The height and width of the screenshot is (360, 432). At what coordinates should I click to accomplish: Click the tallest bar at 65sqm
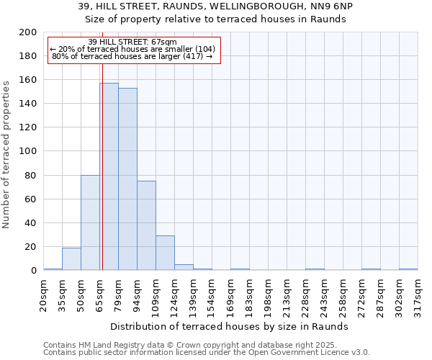pyautogui.click(x=109, y=176)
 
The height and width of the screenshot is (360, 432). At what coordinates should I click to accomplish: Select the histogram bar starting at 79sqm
pyautogui.click(x=127, y=179)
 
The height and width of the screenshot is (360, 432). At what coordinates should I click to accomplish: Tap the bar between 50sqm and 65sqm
pyautogui.click(x=90, y=222)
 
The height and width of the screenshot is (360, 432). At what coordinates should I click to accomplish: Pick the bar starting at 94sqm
pyautogui.click(x=146, y=225)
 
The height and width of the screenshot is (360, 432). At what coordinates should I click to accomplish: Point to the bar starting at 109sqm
pyautogui.click(x=165, y=253)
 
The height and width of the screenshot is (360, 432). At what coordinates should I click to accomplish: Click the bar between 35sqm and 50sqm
pyautogui.click(x=71, y=259)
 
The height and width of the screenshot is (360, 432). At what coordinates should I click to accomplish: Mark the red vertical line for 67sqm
pyautogui.click(x=102, y=166)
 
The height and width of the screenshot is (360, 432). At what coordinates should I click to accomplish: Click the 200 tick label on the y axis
pyautogui.click(x=28, y=32)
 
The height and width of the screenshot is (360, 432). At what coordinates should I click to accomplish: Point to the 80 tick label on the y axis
pyautogui.click(x=31, y=175)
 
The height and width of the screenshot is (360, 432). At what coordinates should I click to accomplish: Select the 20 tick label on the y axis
pyautogui.click(x=31, y=247)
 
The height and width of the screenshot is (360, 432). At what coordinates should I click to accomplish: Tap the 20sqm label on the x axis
pyautogui.click(x=43, y=293)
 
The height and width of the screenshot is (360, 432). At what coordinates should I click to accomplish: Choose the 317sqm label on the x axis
pyautogui.click(x=418, y=293)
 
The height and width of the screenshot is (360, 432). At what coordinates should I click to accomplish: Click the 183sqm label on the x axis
pyautogui.click(x=249, y=293)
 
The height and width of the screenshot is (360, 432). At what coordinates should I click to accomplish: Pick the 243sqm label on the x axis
pyautogui.click(x=324, y=293)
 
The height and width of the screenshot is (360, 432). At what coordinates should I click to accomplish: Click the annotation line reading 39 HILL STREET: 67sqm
pyautogui.click(x=132, y=42)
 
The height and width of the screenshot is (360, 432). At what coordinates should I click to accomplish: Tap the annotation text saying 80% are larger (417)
pyautogui.click(x=132, y=55)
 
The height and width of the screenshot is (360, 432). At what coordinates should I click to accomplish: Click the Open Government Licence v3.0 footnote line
pyautogui.click(x=207, y=353)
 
